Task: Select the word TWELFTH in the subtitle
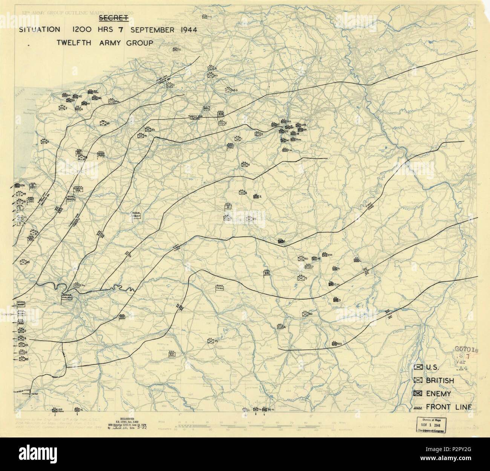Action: [x=73, y=43]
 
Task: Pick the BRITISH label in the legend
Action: [x=440, y=381]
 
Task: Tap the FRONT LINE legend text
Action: [x=449, y=407]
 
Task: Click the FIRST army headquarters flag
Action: [x=136, y=216]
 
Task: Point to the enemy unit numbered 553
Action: [x=334, y=344]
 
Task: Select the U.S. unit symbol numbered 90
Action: [x=301, y=259]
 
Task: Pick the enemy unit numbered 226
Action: [x=17, y=185]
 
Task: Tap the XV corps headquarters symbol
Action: [x=122, y=317]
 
